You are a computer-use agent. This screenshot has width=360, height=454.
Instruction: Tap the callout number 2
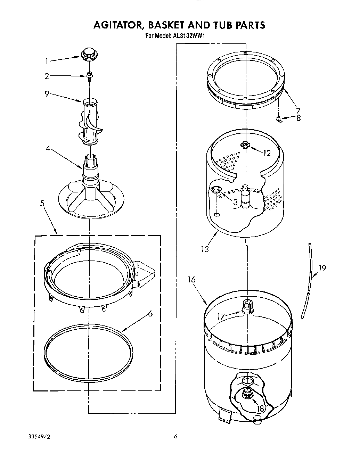pos(47,76)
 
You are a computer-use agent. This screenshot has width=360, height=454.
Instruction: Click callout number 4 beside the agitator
pos(48,149)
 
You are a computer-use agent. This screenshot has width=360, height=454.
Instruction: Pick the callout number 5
pos(42,204)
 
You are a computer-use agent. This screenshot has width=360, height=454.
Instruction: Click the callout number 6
pos(150,314)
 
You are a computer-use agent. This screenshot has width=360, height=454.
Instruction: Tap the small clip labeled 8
pos(279,119)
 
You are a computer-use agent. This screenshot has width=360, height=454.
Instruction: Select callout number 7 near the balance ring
pos(298,111)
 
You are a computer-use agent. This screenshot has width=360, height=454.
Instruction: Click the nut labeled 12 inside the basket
pos(245,145)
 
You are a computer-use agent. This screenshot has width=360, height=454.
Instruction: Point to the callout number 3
pos(235,202)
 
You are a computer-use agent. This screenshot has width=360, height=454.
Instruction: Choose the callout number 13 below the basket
pos(205,249)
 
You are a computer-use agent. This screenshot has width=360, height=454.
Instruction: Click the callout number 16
pos(191,280)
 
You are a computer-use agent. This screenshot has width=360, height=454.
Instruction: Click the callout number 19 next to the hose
pos(322,269)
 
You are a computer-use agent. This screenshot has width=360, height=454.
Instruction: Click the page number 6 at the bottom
pos(175,437)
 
